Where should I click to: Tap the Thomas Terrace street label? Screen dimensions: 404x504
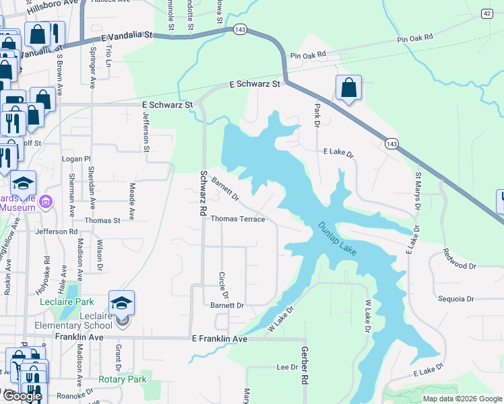click(x=238, y=219)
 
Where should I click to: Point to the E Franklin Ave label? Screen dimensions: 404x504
click(x=220, y=339)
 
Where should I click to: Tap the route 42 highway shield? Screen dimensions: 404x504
click(x=486, y=13)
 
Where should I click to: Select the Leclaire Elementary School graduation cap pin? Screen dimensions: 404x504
click(x=122, y=303)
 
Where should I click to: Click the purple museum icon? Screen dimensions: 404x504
click(x=46, y=201)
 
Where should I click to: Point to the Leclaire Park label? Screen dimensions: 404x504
click(x=85, y=302)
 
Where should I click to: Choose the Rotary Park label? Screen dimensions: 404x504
click(x=123, y=380)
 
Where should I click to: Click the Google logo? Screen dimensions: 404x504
click(x=22, y=396)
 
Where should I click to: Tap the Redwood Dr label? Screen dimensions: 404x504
click(x=460, y=260)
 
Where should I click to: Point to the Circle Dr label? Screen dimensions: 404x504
click(x=224, y=286)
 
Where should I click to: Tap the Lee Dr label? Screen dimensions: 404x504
click(x=287, y=367)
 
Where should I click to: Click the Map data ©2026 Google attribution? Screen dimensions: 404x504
click(x=462, y=399)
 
